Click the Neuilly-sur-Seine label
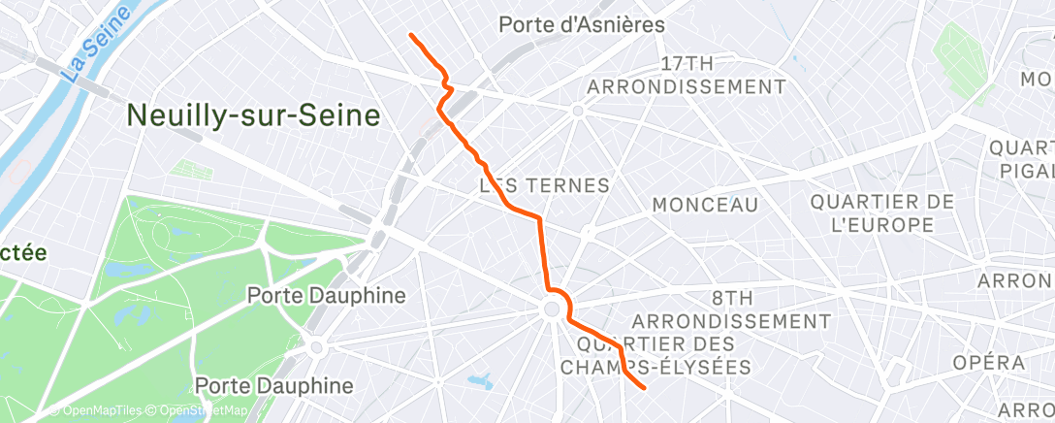coord(253,116)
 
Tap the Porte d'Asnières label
coord(582,25)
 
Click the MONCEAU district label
coord(705,205)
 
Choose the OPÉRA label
coord(988,363)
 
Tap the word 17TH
coord(687,64)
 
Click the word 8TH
coord(732,296)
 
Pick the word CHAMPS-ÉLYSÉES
coord(656,367)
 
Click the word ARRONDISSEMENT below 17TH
coord(687,86)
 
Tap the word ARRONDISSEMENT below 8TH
coord(732,320)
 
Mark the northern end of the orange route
coord(411,35)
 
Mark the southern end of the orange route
coord(644,388)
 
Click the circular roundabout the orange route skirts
coord(552,309)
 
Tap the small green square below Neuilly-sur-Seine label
coord(191,169)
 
